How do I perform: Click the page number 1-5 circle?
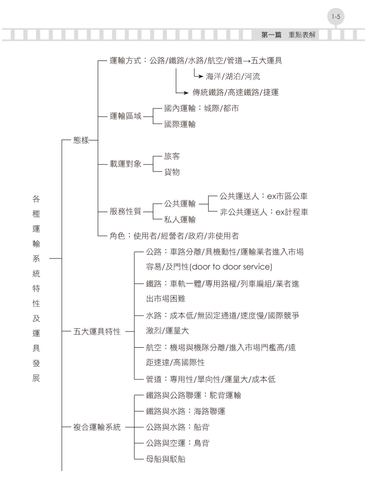[336, 17]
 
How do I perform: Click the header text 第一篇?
[271, 35]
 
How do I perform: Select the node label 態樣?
[81, 140]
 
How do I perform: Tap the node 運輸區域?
[126, 116]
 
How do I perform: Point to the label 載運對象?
[126, 164]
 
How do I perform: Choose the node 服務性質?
[126, 211]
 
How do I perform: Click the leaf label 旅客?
[172, 156]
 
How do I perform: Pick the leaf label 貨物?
[172, 172]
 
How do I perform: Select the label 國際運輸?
[180, 124]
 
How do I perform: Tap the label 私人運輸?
[180, 219]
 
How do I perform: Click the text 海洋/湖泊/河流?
[233, 77]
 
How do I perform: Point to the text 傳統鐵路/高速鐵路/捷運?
[236, 92]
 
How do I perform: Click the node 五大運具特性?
[97, 332]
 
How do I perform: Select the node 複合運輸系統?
[97, 427]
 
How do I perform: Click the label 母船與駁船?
[165, 459]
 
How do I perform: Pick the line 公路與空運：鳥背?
[178, 443]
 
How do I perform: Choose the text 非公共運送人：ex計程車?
[264, 212]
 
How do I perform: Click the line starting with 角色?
[174, 236]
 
